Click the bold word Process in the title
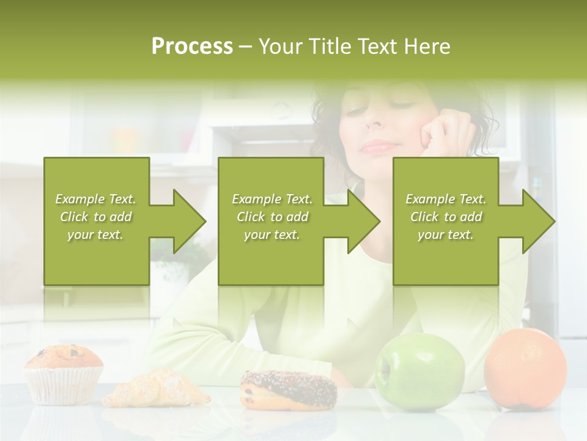192,46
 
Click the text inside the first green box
95,217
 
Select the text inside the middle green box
271,217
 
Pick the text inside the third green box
446,217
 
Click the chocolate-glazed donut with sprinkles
289,389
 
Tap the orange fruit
525,367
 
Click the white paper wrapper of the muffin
64,386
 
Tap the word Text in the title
378,46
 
